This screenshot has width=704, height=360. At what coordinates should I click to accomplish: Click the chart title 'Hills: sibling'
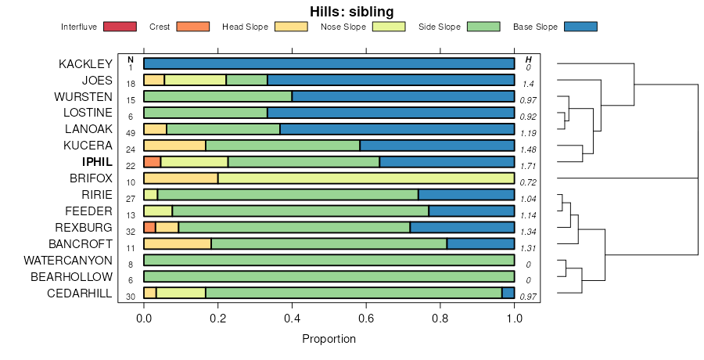point(352,11)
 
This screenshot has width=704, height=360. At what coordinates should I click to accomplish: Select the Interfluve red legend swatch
point(119,27)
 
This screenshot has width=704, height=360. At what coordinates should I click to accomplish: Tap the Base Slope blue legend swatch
point(580,27)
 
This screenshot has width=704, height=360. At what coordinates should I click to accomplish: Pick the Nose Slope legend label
point(343,27)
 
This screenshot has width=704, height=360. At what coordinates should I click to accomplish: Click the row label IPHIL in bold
point(97,162)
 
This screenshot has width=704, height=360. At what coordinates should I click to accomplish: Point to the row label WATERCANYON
point(68,260)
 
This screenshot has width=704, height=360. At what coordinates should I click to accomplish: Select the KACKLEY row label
point(85,64)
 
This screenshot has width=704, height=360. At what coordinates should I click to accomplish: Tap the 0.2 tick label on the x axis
point(217,319)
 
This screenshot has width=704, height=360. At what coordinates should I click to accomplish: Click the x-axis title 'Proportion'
point(329,339)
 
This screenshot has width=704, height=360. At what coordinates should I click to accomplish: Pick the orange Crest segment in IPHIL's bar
point(152,162)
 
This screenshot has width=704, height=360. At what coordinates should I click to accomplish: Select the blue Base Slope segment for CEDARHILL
point(508,293)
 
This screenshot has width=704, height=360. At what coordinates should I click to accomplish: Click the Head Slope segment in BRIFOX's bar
point(181,178)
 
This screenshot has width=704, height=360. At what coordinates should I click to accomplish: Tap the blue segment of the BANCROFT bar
point(480,243)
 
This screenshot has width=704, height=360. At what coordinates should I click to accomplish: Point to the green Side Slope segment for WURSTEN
point(217,97)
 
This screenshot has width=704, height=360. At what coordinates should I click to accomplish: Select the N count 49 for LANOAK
point(131,133)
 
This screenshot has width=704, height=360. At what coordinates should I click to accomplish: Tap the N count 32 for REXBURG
point(131,232)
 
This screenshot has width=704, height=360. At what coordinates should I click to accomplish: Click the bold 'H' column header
point(529,59)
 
